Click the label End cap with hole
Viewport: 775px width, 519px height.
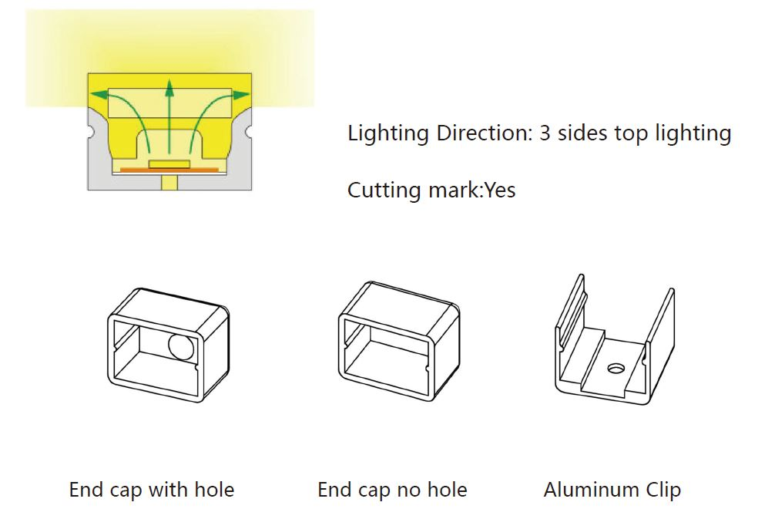pyautogui.click(x=152, y=490)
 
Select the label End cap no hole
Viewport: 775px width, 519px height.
pyautogui.click(x=392, y=490)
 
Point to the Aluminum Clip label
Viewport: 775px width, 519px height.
pyautogui.click(x=612, y=490)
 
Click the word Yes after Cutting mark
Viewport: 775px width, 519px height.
pyautogui.click(x=499, y=190)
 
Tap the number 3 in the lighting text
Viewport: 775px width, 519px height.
pyautogui.click(x=545, y=133)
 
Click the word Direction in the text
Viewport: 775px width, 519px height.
pyautogui.click(x=484, y=133)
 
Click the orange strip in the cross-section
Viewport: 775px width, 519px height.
pyautogui.click(x=169, y=169)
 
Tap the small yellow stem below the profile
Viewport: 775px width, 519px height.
pyautogui.click(x=169, y=183)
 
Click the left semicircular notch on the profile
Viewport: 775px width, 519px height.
pyautogui.click(x=90, y=132)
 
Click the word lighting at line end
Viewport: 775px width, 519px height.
pyautogui.click(x=693, y=133)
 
